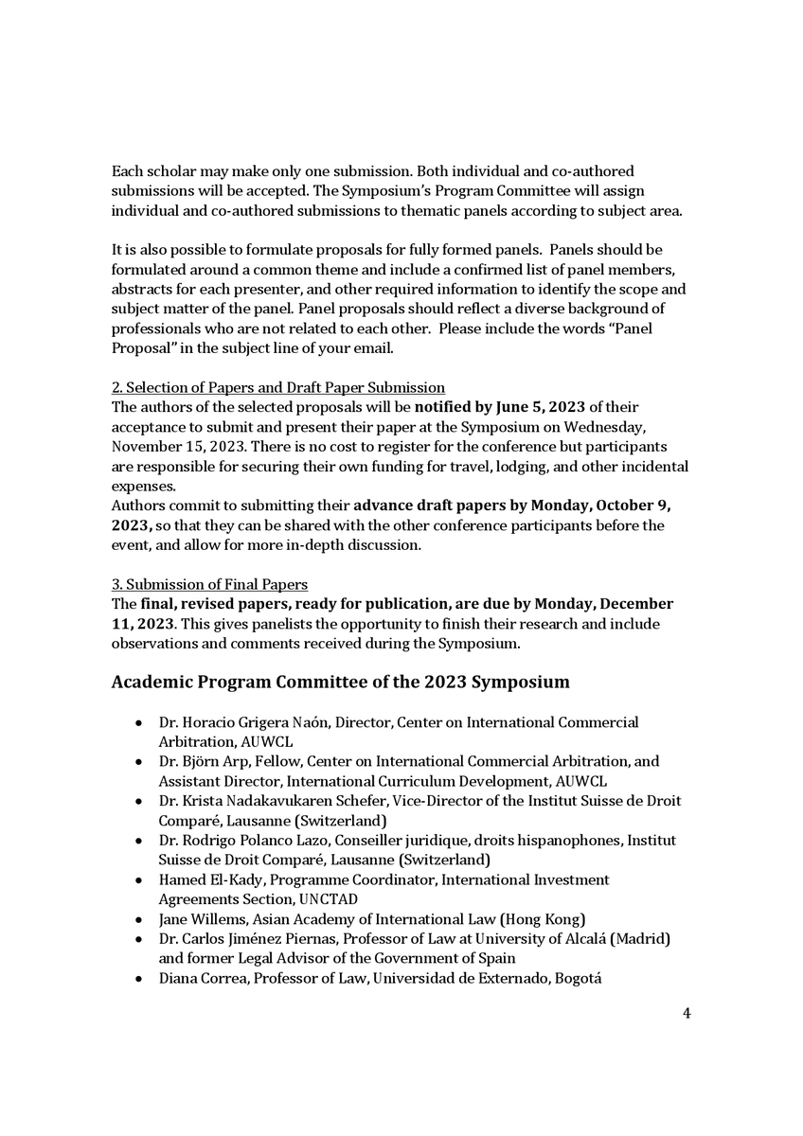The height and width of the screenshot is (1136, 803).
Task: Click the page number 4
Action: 687,1014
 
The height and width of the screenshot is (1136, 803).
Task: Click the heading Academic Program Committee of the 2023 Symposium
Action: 341,682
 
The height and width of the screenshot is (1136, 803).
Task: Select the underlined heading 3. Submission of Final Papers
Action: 209,584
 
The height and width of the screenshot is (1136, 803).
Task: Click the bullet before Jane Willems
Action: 139,919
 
